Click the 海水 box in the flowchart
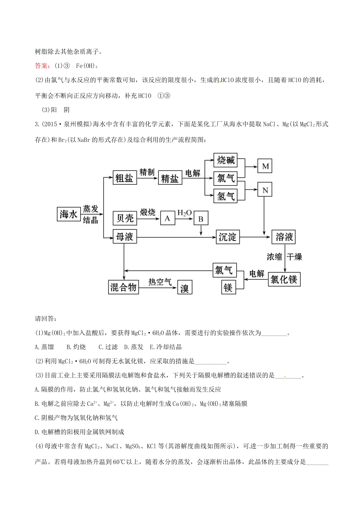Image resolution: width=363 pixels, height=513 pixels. [x=69, y=214]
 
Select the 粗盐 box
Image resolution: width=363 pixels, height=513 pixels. [x=125, y=178]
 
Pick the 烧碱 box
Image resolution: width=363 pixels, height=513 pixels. [x=225, y=160]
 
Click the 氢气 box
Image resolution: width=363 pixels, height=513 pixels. [x=225, y=196]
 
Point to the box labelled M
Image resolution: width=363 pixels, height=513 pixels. [x=265, y=166]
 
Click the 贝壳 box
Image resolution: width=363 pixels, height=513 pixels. [x=125, y=218]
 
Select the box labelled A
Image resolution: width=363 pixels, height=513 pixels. [x=167, y=218]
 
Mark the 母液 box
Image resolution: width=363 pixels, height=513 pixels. [x=125, y=237]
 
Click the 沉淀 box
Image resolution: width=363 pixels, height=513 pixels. [x=227, y=237]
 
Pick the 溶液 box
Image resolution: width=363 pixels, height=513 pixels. [x=284, y=237]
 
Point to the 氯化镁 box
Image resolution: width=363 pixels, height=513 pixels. [x=284, y=279]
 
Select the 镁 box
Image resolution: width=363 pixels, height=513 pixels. [x=228, y=287]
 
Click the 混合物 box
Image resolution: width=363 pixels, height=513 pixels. [x=123, y=287]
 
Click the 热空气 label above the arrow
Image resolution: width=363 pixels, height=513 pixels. [x=160, y=282]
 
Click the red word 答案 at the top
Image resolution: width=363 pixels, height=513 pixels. [x=42, y=66]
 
